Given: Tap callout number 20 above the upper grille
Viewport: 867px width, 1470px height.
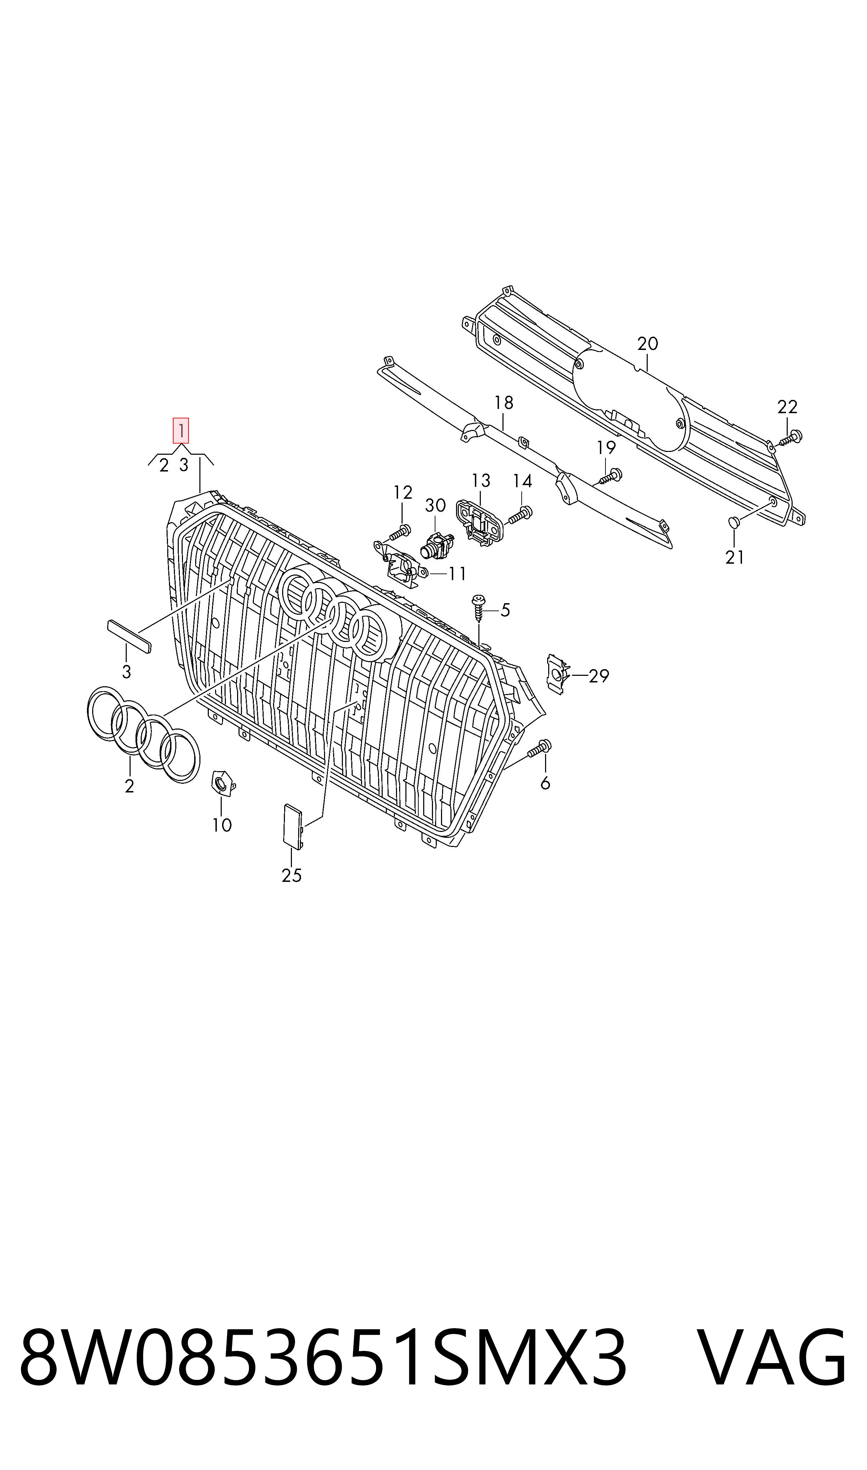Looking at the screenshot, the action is click(647, 344).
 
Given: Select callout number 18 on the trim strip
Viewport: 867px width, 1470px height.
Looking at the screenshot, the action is click(504, 403).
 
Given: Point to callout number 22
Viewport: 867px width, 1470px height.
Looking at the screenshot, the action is click(787, 406).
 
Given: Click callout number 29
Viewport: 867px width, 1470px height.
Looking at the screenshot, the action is click(599, 676).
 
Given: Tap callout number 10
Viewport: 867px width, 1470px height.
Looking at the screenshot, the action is click(222, 825).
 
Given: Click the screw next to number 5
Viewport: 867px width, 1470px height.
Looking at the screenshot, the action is click(478, 608).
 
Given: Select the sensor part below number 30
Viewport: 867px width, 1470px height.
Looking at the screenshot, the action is click(435, 546).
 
